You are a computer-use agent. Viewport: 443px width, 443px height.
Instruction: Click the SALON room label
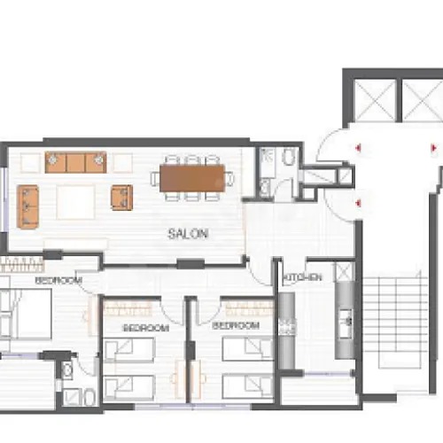coord(188,234)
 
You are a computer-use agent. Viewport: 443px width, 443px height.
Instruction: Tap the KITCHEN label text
coord(302,277)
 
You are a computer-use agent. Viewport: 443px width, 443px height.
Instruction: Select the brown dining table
coord(192,178)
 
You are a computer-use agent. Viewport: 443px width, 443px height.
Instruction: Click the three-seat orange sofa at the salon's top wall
coord(75,162)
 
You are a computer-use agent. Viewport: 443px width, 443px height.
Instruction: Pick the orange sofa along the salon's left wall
coord(28,206)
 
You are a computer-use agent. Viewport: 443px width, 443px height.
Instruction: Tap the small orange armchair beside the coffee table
coord(121,198)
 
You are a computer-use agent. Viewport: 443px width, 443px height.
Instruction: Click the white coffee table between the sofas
coord(76,202)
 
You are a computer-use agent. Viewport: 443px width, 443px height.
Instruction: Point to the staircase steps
coord(396,323)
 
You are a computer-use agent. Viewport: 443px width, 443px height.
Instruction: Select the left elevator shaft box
coord(375,101)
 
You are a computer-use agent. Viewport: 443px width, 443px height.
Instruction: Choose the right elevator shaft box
coord(423,101)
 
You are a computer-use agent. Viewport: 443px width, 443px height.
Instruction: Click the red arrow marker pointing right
coord(433,147)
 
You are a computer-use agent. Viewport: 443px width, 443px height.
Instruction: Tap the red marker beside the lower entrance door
coord(358,203)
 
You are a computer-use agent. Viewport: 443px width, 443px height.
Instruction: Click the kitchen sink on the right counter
coord(345,323)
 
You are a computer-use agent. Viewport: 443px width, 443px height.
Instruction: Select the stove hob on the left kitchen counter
coord(287,326)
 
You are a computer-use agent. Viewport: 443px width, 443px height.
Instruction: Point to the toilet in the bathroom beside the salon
coord(289,157)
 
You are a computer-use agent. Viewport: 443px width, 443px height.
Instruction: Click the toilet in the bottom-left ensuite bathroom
coord(89,397)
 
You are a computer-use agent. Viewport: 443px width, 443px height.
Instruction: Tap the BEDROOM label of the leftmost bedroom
coord(58,280)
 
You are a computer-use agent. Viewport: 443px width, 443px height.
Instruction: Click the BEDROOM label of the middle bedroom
coord(146,328)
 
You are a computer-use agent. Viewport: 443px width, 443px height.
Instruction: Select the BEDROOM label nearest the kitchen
coord(236,325)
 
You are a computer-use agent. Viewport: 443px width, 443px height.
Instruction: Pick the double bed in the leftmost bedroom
coord(26,314)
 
